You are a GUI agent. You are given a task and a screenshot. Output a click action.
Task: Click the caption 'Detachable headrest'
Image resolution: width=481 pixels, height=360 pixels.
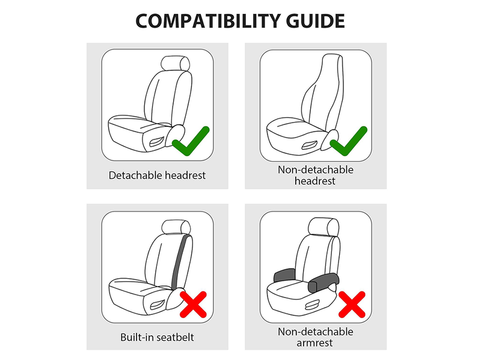coord(157,175)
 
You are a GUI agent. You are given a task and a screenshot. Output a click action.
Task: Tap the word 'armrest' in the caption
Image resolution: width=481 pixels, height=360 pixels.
coord(316,343)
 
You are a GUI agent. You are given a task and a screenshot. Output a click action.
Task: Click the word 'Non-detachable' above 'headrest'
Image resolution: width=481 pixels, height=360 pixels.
coord(316,169)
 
